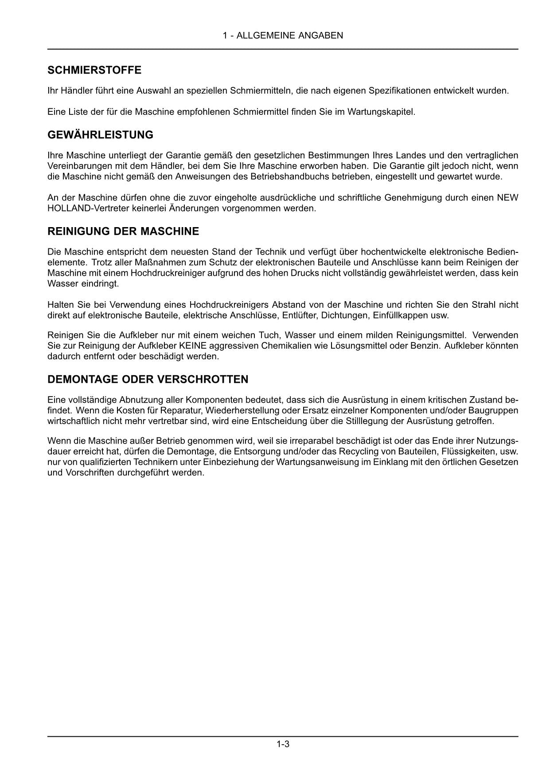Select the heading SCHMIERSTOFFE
[94, 70]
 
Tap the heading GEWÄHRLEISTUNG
[100, 135]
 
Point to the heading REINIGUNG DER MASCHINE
[123, 232]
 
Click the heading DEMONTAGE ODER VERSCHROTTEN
[148, 380]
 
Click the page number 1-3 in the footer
[283, 744]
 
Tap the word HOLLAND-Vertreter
[82, 208]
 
